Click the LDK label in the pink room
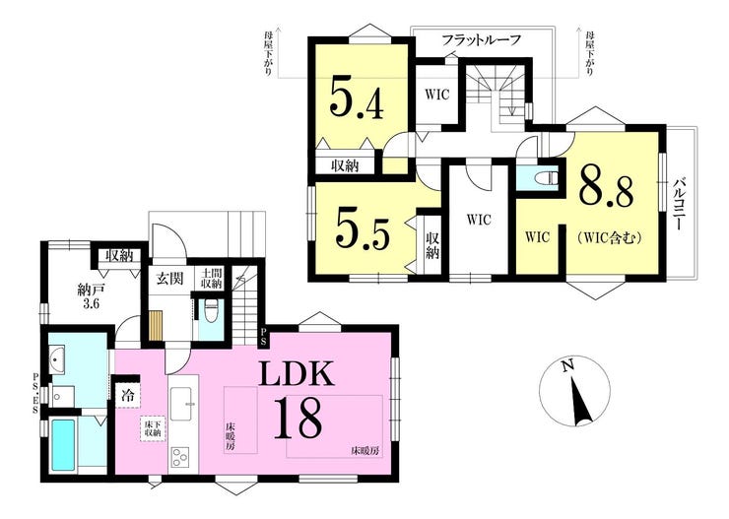coord(297,374)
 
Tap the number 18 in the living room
coord(298,419)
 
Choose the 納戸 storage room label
coord(91,291)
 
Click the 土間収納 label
coord(212,278)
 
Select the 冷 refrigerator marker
coord(127,396)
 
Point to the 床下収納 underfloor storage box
coord(152,428)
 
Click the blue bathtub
coord(62,445)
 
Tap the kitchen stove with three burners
coord(180,457)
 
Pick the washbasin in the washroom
coord(58,359)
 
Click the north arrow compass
coord(574,392)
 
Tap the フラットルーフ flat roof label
coord(481,39)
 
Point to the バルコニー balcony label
coord(679,205)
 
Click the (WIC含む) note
coord(610,238)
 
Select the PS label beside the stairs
coord(264,338)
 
